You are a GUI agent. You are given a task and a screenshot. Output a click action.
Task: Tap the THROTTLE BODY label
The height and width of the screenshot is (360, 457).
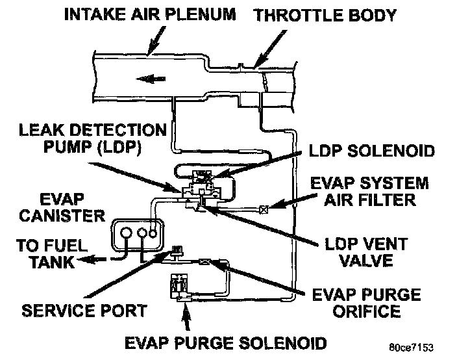click(x=325, y=15)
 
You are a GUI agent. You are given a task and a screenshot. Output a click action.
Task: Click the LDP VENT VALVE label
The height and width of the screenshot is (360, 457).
click(x=367, y=253)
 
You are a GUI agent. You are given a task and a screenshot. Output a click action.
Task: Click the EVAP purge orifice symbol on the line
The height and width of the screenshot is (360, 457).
click(x=205, y=262)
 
